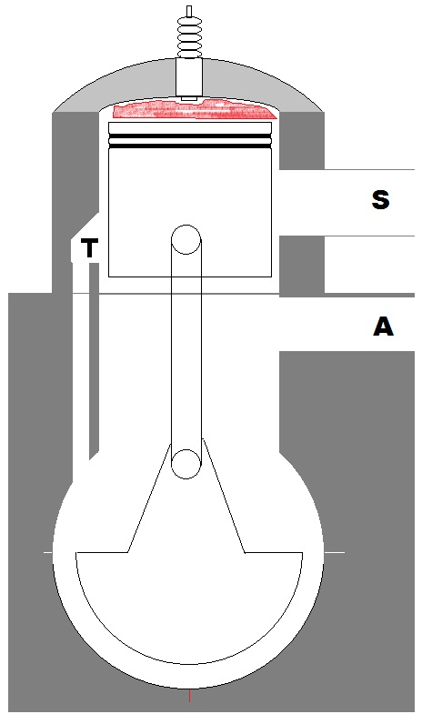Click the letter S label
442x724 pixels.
click(x=380, y=200)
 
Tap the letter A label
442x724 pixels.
click(x=383, y=327)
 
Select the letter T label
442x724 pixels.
click(x=90, y=248)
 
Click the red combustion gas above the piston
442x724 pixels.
click(x=194, y=110)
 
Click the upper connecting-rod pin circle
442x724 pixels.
click(x=186, y=239)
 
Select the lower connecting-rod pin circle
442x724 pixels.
click(x=186, y=464)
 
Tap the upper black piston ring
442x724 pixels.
click(x=189, y=136)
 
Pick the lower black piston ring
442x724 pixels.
click(x=189, y=146)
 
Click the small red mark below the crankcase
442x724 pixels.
click(x=189, y=695)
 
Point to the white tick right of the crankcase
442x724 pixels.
click(x=335, y=552)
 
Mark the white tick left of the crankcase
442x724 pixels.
click(x=48, y=552)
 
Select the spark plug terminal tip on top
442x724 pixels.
click(x=189, y=11)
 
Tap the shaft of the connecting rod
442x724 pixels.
click(x=186, y=351)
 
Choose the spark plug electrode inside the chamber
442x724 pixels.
click(x=189, y=98)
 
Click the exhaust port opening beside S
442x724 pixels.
click(x=347, y=203)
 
